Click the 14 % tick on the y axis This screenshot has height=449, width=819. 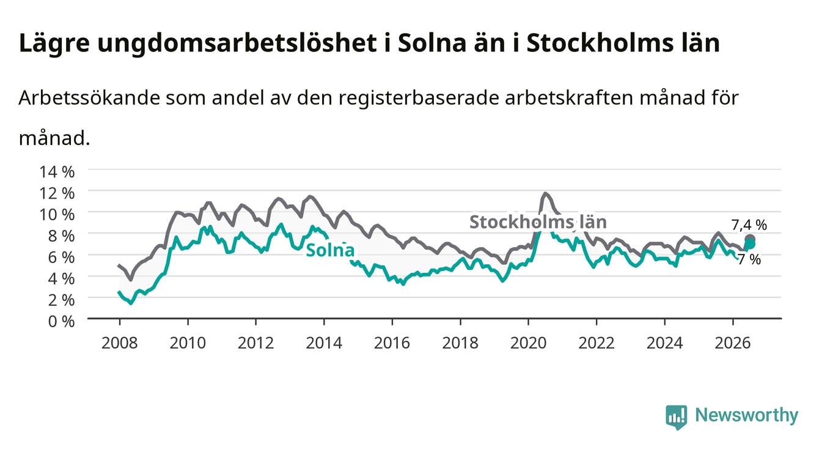[x=57, y=172]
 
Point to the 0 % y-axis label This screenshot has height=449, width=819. [x=61, y=321]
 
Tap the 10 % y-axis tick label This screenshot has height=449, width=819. [x=57, y=215]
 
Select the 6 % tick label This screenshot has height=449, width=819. [x=61, y=258]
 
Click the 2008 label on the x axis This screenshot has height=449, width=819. [x=120, y=343]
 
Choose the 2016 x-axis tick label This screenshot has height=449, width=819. [x=392, y=343]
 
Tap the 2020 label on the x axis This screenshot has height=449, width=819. [x=528, y=343]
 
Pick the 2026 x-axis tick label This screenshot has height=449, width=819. [x=733, y=343]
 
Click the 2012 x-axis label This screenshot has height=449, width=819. [x=256, y=343]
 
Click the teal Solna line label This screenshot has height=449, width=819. [x=330, y=250]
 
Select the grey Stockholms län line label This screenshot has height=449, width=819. [x=538, y=222]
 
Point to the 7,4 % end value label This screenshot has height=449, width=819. [x=749, y=224]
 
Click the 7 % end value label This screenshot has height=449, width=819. [x=749, y=259]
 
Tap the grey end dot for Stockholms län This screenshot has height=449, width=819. [x=749, y=240]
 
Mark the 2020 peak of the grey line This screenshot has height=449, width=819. [x=545, y=193]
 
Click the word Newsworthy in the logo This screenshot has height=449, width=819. [x=747, y=415]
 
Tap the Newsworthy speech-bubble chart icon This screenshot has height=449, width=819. [x=676, y=417]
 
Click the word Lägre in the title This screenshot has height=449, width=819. [x=54, y=43]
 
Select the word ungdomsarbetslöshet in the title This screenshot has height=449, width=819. [x=237, y=43]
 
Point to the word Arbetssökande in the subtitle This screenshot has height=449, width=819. [x=89, y=98]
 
